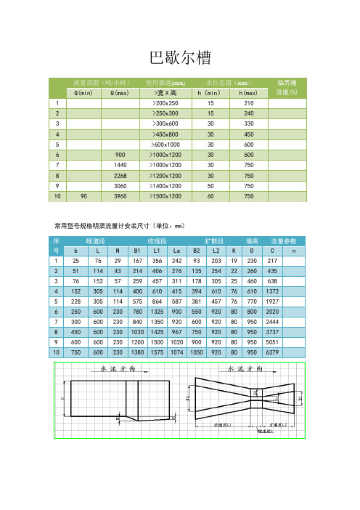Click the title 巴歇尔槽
(179, 57)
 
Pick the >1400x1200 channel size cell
(164, 185)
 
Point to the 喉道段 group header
(97, 240)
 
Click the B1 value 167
(136, 261)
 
